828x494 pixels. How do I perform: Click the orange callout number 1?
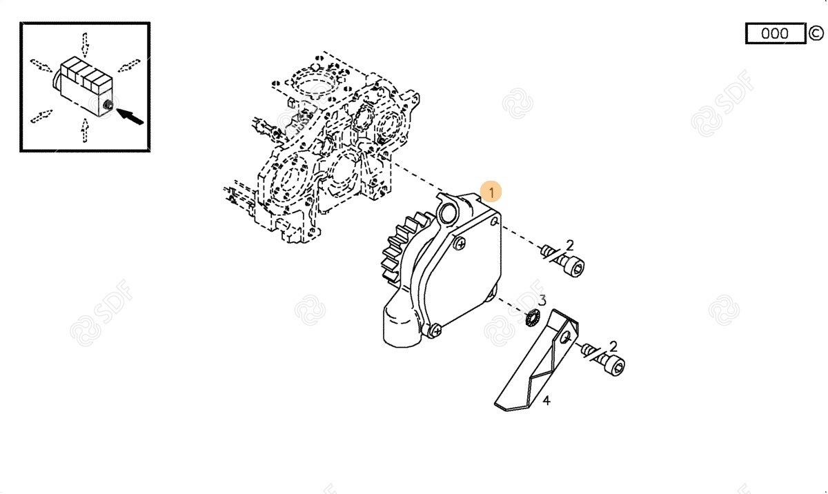coord(491,192)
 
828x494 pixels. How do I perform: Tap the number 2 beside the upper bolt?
coord(570,245)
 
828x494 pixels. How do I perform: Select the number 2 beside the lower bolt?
coord(613,346)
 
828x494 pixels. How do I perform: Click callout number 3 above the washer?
coord(542,300)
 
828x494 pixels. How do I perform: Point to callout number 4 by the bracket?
coord(546,401)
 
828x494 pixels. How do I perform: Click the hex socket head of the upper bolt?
coord(575,266)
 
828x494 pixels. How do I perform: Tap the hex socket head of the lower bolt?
coord(615,366)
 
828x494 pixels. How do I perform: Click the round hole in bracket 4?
coord(566,337)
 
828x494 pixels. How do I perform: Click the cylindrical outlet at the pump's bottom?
coord(402,326)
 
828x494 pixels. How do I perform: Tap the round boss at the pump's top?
coord(446,215)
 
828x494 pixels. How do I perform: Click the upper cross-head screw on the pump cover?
coord(460,243)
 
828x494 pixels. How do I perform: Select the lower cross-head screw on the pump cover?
coord(436,330)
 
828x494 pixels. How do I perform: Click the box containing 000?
coord(775,33)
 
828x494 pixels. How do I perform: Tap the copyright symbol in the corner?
coord(816,33)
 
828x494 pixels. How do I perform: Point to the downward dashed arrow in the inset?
coord(85,45)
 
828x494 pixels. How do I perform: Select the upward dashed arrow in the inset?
coord(85,130)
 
